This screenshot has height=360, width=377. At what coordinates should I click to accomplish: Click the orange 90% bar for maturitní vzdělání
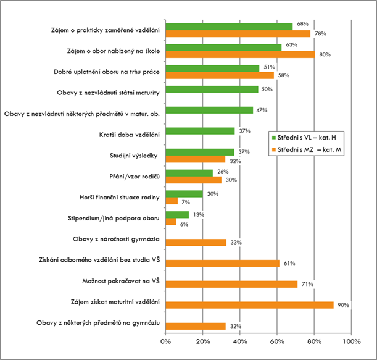(250, 304)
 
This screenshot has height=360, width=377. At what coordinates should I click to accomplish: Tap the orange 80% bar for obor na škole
(241, 54)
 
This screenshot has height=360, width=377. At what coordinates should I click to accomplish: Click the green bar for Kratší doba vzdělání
(201, 131)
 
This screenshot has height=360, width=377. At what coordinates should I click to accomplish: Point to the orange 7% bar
(172, 201)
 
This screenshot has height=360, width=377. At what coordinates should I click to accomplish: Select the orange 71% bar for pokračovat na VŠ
(232, 284)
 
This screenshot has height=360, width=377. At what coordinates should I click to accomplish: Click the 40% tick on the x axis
(240, 341)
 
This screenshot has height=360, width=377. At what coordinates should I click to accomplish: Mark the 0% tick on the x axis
(165, 341)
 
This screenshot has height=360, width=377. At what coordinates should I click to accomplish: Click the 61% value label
(289, 263)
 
